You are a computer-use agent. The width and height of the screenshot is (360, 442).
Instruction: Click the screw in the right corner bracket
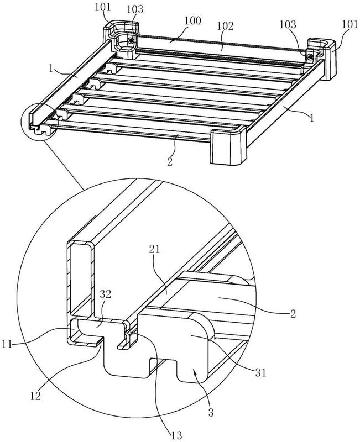(311, 56)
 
